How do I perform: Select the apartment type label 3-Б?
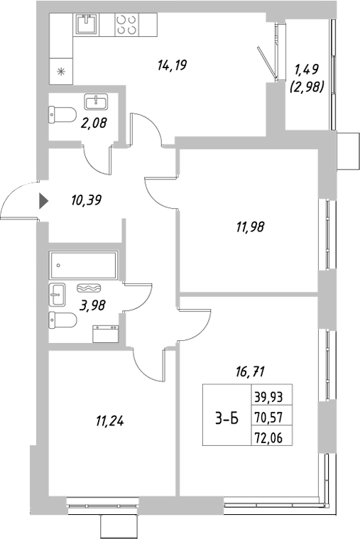(x=227, y=420)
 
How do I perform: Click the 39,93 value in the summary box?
(x=267, y=397)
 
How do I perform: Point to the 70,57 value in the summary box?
(x=267, y=417)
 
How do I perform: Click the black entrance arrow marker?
(x=43, y=201)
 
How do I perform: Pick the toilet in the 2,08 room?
(x=63, y=114)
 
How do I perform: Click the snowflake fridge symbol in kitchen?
(x=60, y=70)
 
